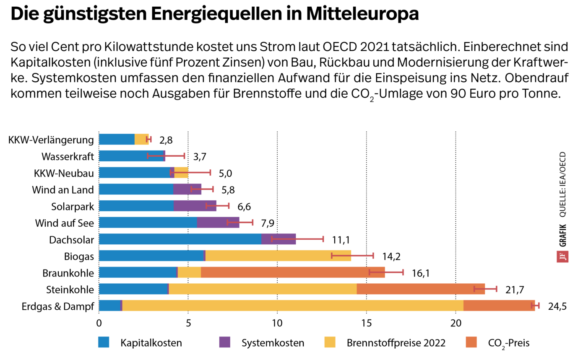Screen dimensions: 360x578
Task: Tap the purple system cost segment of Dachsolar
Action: click(279, 239)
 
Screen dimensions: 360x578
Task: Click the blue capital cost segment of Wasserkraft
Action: click(131, 156)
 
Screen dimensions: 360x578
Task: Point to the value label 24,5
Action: click(557, 306)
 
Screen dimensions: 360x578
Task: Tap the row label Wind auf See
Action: click(65, 223)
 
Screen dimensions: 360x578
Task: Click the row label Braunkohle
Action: click(68, 273)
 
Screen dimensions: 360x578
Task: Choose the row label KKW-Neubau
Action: click(64, 173)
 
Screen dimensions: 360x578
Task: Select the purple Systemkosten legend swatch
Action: click(225, 342)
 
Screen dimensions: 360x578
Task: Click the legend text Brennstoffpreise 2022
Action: click(396, 343)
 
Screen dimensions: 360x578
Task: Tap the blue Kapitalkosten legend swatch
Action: click(104, 342)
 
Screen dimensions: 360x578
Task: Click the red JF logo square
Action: click(562, 256)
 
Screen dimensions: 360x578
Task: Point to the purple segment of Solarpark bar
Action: click(195, 206)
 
